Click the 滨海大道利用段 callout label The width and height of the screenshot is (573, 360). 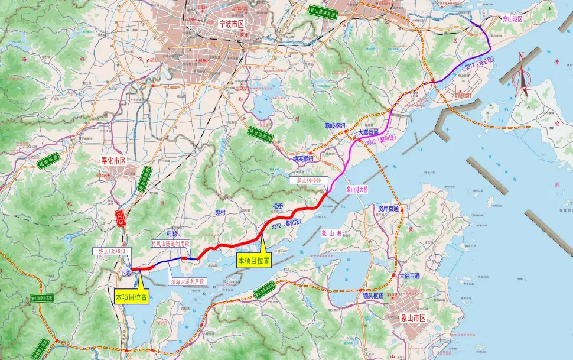click(x=187, y=281)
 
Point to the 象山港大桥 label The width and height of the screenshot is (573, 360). click(x=357, y=190)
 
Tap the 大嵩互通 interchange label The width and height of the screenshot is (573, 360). click(x=369, y=134)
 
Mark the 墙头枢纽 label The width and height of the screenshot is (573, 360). click(x=373, y=294)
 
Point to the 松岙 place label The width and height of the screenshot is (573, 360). click(x=278, y=206)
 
